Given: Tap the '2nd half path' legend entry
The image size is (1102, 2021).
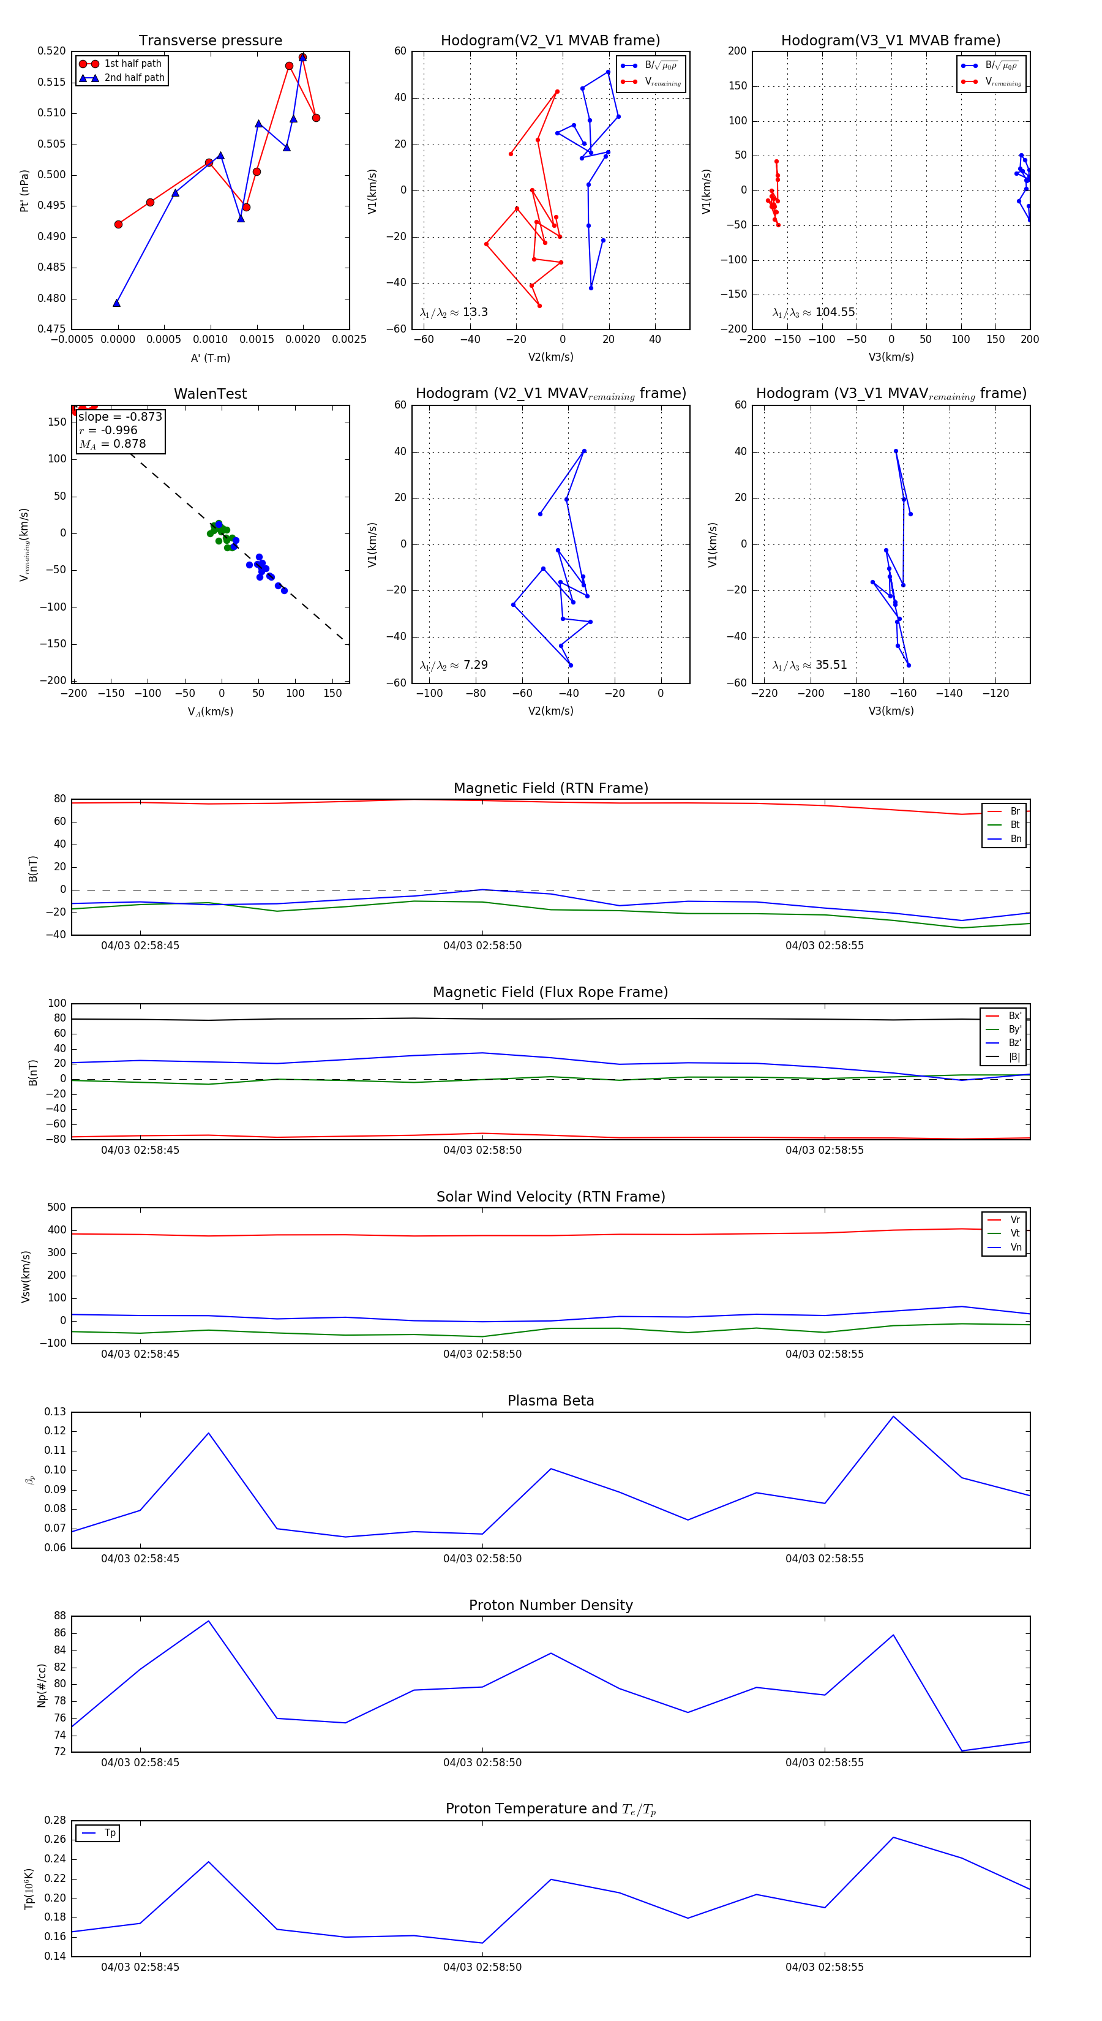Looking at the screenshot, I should (134, 78).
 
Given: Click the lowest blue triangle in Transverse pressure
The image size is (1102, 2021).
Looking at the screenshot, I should (116, 303).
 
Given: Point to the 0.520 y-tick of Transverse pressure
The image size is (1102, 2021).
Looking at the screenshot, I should (52, 51).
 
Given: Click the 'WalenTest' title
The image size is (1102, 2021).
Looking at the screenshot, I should (210, 394).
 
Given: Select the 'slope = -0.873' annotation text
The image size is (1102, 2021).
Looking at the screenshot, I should (120, 416).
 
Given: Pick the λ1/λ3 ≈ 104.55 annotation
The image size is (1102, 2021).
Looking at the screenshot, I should (814, 312).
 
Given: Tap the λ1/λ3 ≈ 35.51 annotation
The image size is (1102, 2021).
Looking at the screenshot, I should (809, 665).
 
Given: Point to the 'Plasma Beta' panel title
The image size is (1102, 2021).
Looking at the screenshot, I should (550, 1401).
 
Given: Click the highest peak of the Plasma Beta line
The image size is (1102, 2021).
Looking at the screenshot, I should (893, 1416).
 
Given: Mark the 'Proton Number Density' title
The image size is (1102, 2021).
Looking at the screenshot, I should (550, 1605).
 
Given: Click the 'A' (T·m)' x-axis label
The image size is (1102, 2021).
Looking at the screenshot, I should (210, 358).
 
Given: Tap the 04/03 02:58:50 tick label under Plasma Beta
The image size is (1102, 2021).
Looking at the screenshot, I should (482, 1558).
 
